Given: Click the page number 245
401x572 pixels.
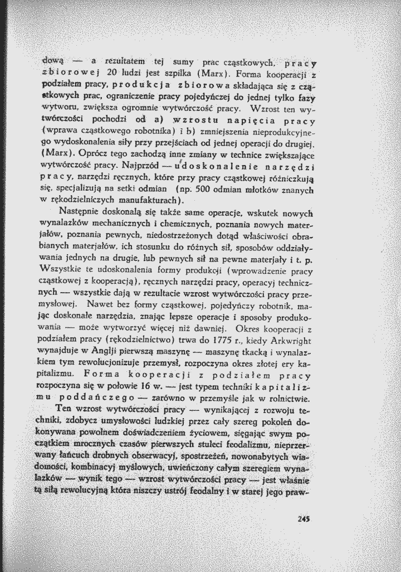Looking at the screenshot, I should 303,517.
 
